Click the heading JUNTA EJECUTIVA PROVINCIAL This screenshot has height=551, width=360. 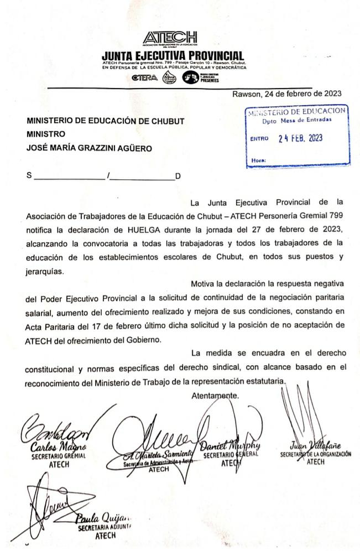click(x=173, y=56)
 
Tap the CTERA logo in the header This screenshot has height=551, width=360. click(x=146, y=77)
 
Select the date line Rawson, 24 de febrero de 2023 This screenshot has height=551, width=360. click(x=286, y=93)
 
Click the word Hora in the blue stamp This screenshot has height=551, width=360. click(x=258, y=160)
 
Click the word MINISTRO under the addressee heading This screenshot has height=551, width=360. click(x=46, y=134)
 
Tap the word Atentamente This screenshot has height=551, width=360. click(x=215, y=396)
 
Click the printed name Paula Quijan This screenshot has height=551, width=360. click(x=105, y=518)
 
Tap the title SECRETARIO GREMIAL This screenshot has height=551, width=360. click(x=50, y=456)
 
